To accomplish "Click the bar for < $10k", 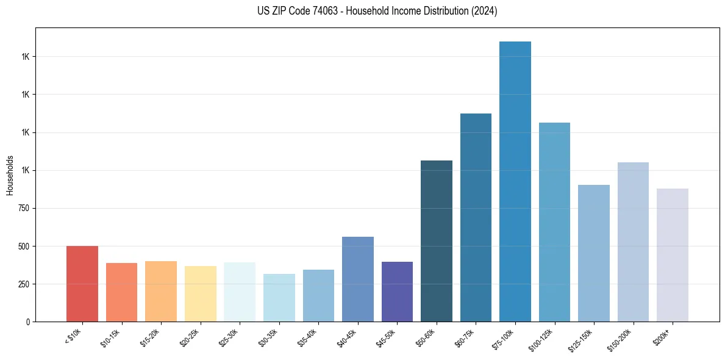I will [82, 284].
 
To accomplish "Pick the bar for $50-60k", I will [437, 241].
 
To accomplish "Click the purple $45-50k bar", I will [397, 292].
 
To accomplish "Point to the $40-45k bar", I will [358, 279].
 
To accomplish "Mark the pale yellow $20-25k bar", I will [201, 293].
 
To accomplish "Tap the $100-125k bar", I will [554, 222].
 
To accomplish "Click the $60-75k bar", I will [476, 217].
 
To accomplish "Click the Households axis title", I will [10, 175].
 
